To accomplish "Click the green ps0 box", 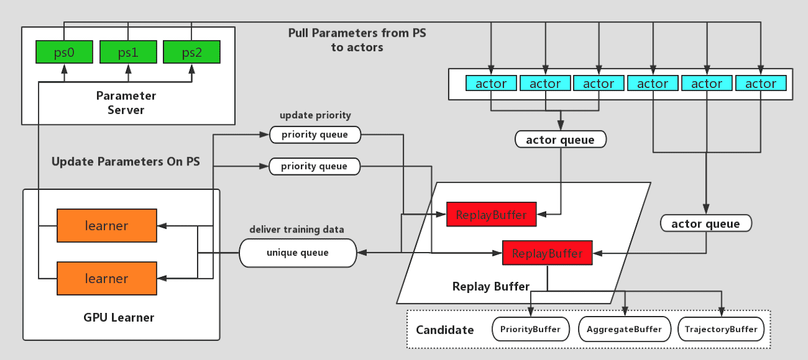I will pos(64,52).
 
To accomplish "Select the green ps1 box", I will pos(128,52).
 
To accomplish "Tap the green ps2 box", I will pos(192,52).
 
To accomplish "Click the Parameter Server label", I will pos(126,103).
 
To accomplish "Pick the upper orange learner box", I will pos(106,225).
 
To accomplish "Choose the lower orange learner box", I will pos(106,278).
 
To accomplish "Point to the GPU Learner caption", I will pos(119,317).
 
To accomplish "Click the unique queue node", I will pos(297,253).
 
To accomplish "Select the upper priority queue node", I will pos(314,135).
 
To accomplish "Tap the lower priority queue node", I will pos(314,166).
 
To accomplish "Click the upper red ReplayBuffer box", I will pos(491,215).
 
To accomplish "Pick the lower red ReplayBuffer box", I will pos(547,253).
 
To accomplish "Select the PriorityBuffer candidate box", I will pos(530,329).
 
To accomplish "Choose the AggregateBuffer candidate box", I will pos(624,329).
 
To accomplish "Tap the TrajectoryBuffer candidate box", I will pos(721,329).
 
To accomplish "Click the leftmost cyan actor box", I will pos(491,84).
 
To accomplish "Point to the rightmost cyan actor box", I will pos(761,84).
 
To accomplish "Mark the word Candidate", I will pos(445,330).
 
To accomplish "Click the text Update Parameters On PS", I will pos(126,162).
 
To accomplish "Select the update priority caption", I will pos(315,115).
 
